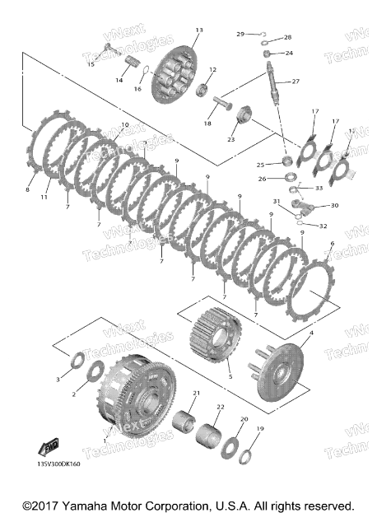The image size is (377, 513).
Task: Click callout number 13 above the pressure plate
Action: click(198, 30)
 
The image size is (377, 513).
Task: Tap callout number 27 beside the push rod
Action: click(296, 81)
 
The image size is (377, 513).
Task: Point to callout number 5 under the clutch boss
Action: click(230, 376)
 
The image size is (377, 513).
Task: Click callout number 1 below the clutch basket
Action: click(105, 441)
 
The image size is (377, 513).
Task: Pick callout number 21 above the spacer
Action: click(196, 393)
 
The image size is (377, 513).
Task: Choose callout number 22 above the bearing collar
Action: click(220, 407)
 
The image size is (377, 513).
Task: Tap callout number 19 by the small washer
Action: click(260, 429)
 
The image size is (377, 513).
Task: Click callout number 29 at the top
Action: click(240, 34)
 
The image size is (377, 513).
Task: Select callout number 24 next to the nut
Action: click(289, 53)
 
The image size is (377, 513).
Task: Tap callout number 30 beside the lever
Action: click(334, 205)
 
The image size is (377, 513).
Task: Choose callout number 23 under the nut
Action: click(231, 139)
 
